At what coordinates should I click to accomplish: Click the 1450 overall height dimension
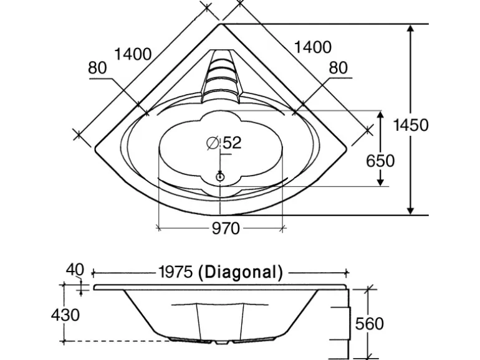point(411,125)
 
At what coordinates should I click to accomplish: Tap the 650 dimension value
point(380,161)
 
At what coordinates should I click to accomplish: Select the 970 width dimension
point(226,228)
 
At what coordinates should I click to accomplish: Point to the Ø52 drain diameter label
point(224,143)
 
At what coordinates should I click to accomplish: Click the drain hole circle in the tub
point(220,177)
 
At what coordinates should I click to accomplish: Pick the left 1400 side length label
point(133,54)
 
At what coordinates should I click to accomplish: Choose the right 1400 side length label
point(313,47)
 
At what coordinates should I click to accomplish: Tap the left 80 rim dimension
point(97,68)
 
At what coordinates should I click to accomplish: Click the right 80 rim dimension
point(338,68)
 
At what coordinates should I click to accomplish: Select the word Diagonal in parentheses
point(241,272)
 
